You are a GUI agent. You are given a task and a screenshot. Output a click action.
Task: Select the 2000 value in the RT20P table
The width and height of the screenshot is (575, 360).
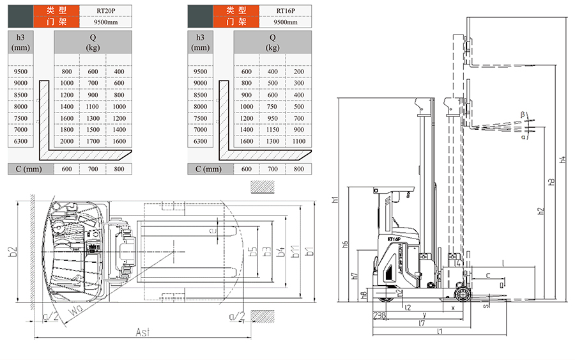(x=67, y=141)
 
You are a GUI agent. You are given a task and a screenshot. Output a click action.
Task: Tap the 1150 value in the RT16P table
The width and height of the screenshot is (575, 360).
(x=272, y=130)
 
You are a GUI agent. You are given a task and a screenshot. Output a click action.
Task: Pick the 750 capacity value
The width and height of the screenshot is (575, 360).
(x=272, y=107)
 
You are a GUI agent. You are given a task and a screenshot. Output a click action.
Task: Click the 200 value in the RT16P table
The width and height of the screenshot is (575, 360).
(x=299, y=72)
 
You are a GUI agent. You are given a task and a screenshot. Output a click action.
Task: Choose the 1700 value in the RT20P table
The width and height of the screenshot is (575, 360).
(x=93, y=141)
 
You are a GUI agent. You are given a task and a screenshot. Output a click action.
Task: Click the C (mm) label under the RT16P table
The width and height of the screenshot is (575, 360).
(x=208, y=169)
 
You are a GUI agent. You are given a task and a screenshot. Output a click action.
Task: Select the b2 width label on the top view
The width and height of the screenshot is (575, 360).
(x=12, y=251)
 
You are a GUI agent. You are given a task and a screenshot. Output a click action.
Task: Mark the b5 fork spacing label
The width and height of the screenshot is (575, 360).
(x=253, y=251)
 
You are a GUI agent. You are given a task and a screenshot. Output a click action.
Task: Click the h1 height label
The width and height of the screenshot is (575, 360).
(x=335, y=200)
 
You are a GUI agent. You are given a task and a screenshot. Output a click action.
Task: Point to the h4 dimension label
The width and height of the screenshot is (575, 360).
(x=562, y=160)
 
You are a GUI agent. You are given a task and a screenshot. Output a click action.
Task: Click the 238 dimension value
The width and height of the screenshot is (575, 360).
(x=379, y=315)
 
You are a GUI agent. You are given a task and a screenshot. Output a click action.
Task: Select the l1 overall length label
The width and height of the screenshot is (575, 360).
(x=440, y=331)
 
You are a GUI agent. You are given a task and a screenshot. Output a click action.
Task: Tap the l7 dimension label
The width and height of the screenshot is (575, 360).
(x=422, y=324)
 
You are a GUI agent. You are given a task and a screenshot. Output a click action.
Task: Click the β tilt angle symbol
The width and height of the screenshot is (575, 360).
(x=522, y=114)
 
